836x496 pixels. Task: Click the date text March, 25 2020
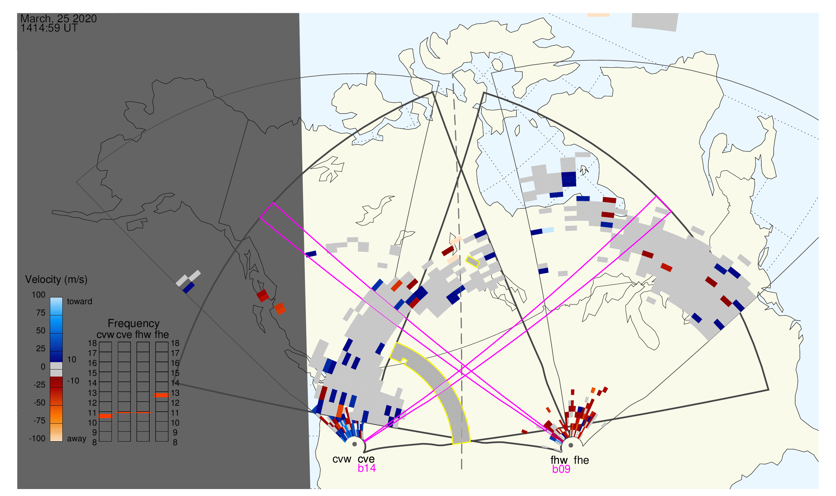[x=58, y=18]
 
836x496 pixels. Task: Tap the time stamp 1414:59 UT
[x=49, y=28]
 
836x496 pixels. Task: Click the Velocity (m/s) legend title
[x=56, y=280]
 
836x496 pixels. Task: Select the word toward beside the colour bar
[x=80, y=302]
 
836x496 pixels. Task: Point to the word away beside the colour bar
[x=77, y=439]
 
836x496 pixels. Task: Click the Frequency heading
[x=134, y=324]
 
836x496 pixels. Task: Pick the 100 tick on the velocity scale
[x=38, y=295]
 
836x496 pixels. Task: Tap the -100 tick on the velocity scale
[x=37, y=439]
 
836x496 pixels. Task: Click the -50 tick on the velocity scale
[x=39, y=403]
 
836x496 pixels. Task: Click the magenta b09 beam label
[x=561, y=469]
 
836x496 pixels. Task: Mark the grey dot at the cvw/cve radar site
[x=354, y=445]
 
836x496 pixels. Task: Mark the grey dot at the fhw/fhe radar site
[x=571, y=446]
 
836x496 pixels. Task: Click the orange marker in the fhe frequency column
[x=162, y=395]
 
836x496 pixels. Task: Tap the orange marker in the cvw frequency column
[x=106, y=416]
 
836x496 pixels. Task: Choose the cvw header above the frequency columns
[x=105, y=335]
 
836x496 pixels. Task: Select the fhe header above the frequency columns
[x=162, y=335]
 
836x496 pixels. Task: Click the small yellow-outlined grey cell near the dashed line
[x=473, y=262]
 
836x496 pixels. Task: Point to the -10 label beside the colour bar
[x=73, y=381]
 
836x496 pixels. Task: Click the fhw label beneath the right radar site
[x=559, y=460]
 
